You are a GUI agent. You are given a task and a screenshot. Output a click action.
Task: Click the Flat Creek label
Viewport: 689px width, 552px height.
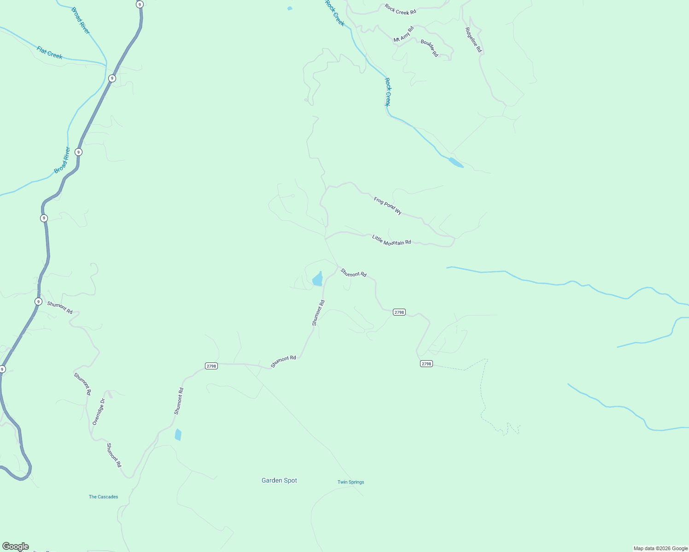(x=49, y=52)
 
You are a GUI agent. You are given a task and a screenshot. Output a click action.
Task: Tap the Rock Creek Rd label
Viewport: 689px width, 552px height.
(x=400, y=9)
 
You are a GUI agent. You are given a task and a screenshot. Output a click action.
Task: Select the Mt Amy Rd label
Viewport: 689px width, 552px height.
(x=403, y=34)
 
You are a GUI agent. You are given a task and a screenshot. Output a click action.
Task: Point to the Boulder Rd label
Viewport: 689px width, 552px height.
(x=429, y=48)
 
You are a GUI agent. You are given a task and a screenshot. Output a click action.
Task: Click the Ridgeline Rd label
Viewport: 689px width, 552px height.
(x=473, y=40)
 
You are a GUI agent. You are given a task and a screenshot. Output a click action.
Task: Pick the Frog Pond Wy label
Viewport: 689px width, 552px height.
(x=388, y=206)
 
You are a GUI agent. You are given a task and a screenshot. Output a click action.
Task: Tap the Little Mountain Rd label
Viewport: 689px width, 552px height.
(x=391, y=240)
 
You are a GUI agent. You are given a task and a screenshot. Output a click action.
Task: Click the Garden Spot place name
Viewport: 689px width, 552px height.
(x=279, y=480)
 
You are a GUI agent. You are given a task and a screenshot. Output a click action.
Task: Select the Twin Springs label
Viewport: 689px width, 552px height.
(x=350, y=482)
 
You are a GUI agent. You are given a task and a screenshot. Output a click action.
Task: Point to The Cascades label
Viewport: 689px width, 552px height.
(x=103, y=497)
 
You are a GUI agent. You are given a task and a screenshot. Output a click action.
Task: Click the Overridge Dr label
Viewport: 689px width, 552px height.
(x=99, y=412)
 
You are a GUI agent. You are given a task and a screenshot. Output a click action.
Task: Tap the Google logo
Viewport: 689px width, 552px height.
(x=15, y=546)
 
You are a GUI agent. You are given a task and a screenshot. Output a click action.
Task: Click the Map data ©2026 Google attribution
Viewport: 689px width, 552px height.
(x=660, y=548)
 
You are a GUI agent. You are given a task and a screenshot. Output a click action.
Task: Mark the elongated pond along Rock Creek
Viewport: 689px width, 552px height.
(x=456, y=162)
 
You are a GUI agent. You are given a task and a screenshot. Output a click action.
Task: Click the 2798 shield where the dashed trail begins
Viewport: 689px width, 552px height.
(x=426, y=364)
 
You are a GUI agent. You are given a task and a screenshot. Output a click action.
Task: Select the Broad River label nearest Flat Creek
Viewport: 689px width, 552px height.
(x=81, y=21)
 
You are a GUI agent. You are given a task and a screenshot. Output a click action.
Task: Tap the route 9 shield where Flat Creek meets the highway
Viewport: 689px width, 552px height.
(x=112, y=78)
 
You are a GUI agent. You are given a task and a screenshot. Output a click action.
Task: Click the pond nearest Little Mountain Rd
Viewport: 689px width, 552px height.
(x=317, y=279)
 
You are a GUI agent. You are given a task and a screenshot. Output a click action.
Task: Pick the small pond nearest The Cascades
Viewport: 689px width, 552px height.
(x=178, y=435)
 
